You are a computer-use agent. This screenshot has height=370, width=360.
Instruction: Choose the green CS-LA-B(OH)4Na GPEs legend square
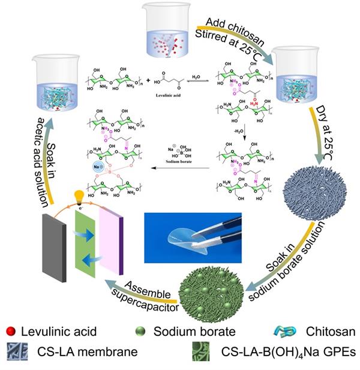[x=194, y=352]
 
